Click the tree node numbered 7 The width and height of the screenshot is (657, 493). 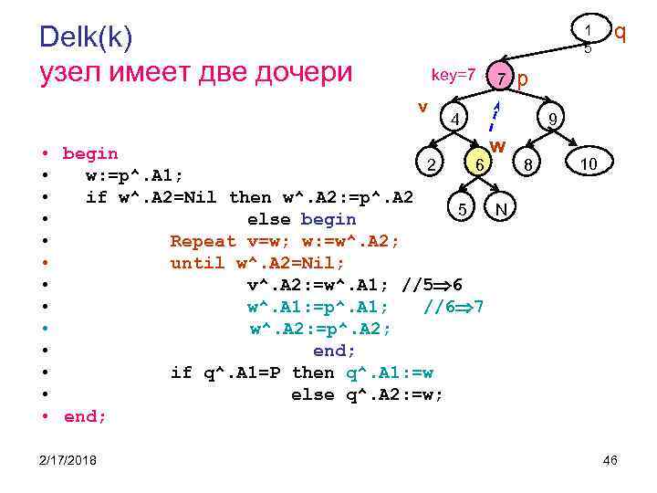point(501,79)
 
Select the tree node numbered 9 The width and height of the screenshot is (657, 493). point(551,120)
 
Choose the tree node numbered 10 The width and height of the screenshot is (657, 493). point(589,163)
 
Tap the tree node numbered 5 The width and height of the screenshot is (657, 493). point(464,209)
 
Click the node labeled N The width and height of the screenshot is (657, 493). point(500,209)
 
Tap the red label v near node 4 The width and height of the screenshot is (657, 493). point(422,106)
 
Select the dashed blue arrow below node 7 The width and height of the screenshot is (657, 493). point(494,115)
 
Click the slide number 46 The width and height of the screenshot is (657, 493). point(610,459)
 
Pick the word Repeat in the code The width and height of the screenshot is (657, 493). point(203,241)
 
